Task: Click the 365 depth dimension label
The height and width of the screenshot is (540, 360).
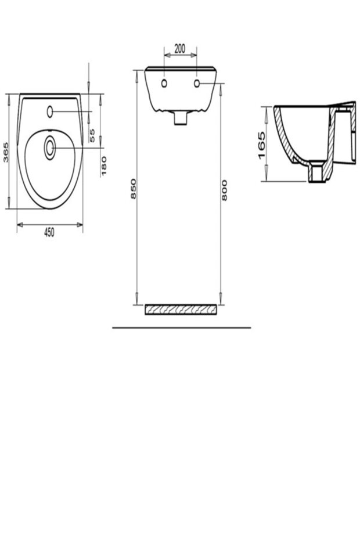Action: pos(6,152)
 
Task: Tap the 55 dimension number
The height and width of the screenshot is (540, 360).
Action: pos(92,135)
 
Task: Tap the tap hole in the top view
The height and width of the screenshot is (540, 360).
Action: pos(50,110)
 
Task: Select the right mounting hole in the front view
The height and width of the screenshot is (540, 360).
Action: pos(198,84)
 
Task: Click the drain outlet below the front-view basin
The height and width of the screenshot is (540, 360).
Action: pos(181,118)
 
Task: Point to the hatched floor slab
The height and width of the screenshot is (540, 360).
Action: pos(181,309)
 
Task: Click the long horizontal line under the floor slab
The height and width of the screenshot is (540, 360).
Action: pos(181,328)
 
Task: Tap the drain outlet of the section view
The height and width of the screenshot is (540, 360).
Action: pos(316,174)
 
